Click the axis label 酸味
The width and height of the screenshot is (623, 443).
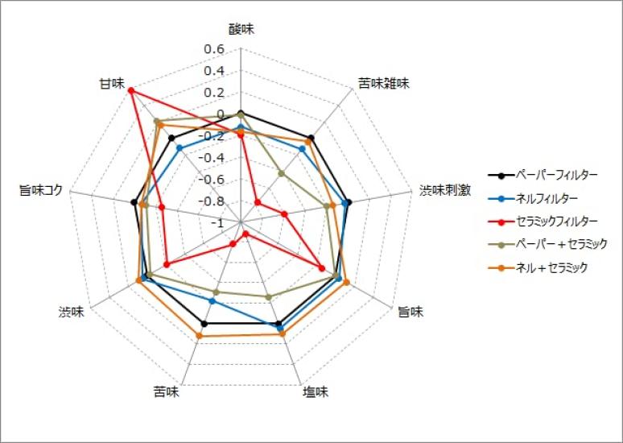tap(241, 30)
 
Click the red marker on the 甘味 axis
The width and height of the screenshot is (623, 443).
tap(131, 89)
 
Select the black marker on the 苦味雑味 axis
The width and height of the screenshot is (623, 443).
tap(311, 138)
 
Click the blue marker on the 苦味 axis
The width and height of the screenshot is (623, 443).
tap(212, 301)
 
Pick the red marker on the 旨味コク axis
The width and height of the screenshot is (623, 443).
tap(162, 208)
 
